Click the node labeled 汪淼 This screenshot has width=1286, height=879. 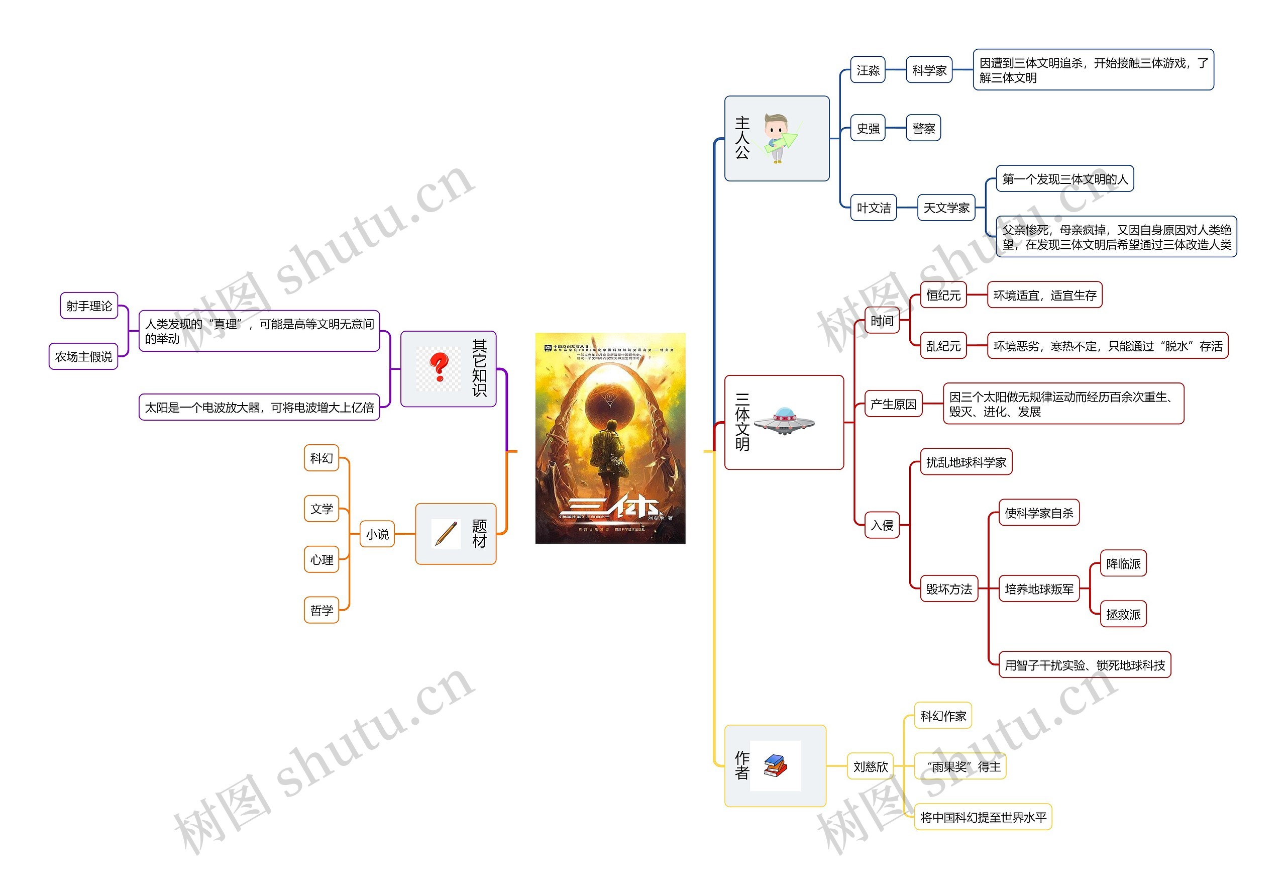pyautogui.click(x=867, y=70)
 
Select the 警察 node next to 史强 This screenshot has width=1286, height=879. pyautogui.click(x=923, y=129)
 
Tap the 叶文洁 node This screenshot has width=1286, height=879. pyautogui.click(x=873, y=208)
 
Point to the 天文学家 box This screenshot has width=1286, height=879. pyautogui.click(x=946, y=208)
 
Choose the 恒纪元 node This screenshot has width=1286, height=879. pyautogui.click(x=943, y=295)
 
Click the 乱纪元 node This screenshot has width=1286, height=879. pyautogui.click(x=943, y=346)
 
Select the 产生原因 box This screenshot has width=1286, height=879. pyautogui.click(x=893, y=404)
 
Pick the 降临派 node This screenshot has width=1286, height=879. pyautogui.click(x=1123, y=563)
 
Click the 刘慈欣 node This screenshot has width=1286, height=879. pyautogui.click(x=870, y=766)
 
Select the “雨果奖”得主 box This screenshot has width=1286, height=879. pyautogui.click(x=960, y=766)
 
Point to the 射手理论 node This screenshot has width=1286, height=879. pyautogui.click(x=88, y=306)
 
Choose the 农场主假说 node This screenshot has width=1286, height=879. pyautogui.click(x=83, y=356)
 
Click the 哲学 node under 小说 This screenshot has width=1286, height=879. pyautogui.click(x=321, y=610)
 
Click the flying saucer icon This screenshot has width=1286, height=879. pyautogui.click(x=784, y=422)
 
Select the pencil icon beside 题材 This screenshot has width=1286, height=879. pyautogui.click(x=446, y=534)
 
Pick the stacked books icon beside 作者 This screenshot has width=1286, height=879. pyautogui.click(x=775, y=766)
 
